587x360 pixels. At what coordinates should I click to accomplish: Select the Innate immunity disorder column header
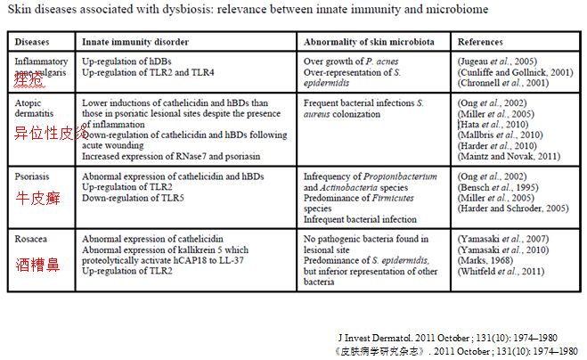pos(130,42)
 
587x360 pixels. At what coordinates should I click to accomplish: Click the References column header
pos(480,42)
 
